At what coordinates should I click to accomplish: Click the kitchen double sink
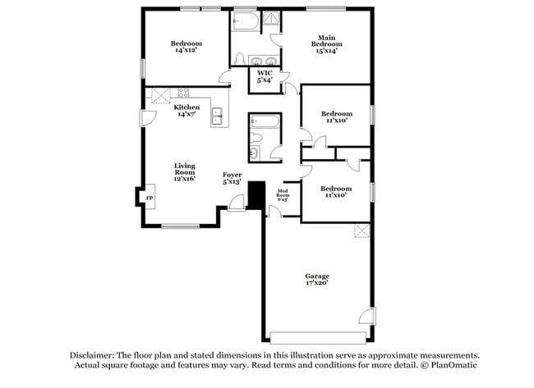[x=219, y=117]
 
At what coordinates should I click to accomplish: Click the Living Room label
[x=184, y=171]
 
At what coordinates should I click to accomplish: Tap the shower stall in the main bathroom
[x=270, y=22]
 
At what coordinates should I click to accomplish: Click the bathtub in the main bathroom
[x=244, y=21]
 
